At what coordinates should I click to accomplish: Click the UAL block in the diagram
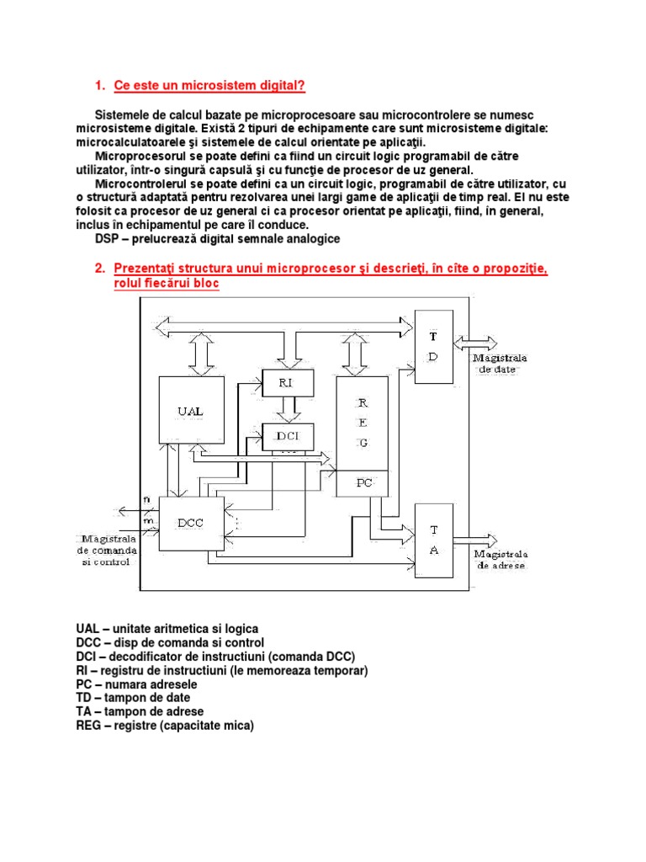pyautogui.click(x=192, y=411)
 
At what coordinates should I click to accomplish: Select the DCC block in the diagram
pyautogui.click(x=192, y=523)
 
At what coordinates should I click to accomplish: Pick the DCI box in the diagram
pyautogui.click(x=288, y=436)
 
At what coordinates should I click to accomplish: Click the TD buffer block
pyautogui.click(x=434, y=345)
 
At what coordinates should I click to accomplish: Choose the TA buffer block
pyautogui.click(x=434, y=540)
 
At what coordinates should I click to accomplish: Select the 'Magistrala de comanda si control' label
pyautogui.click(x=109, y=550)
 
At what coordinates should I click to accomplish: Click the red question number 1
pyautogui.click(x=99, y=86)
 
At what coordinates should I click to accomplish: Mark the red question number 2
pyautogui.click(x=99, y=269)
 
